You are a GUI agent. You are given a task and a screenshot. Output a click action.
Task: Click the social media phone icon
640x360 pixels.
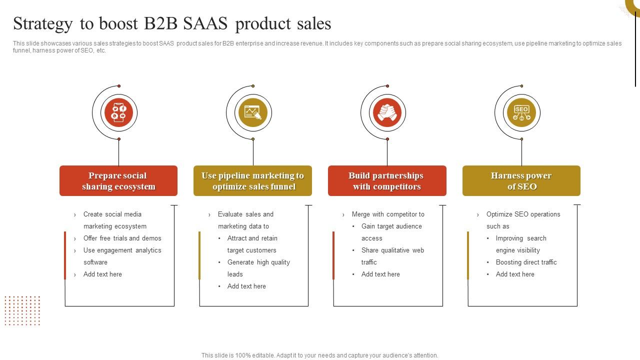tap(118, 112)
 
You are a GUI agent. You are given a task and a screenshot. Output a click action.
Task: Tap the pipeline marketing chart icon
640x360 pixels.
tap(252, 112)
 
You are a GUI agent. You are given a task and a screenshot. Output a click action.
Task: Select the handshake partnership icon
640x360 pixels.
tap(386, 112)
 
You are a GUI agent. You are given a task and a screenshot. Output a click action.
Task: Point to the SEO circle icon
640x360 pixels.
tap(521, 112)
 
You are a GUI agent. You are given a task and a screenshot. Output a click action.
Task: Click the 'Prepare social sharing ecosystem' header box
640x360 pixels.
tap(118, 181)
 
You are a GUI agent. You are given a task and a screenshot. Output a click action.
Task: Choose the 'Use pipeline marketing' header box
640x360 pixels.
tap(252, 181)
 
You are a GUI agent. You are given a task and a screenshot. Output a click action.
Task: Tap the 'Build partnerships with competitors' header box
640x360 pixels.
tap(386, 181)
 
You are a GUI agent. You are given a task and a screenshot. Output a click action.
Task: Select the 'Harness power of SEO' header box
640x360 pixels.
tap(521, 181)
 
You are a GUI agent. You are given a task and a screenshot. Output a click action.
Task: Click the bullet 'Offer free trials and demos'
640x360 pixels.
tap(122, 238)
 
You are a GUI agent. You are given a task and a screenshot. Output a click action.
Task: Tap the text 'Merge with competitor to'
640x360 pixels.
tap(388, 214)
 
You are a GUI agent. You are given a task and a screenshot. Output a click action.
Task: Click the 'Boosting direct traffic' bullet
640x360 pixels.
tap(526, 262)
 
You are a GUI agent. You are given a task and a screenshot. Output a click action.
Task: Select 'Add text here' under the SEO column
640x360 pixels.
tap(515, 274)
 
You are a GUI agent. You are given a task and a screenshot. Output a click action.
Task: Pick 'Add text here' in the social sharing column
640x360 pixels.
tap(102, 274)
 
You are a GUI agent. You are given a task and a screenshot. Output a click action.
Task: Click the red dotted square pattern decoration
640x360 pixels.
tap(22, 310)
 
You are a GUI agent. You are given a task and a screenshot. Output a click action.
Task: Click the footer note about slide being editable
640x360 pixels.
tap(320, 355)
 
